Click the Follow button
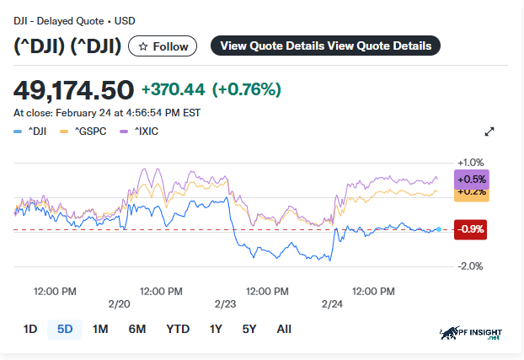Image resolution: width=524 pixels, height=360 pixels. pyautogui.click(x=163, y=46)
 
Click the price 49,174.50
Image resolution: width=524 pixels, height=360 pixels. pyautogui.click(x=74, y=89)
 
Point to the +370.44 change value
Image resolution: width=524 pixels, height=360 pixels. pyautogui.click(x=173, y=89)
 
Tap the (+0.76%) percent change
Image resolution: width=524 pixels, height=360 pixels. pyautogui.click(x=246, y=89)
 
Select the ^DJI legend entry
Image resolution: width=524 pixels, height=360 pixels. pyautogui.click(x=32, y=132)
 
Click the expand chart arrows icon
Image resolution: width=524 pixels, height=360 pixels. pyautogui.click(x=489, y=132)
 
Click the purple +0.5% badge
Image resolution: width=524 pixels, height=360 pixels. pyautogui.click(x=471, y=179)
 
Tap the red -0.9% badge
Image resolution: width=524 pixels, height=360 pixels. pyautogui.click(x=470, y=229)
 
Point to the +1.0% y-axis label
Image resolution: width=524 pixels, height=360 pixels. pyautogui.click(x=471, y=163)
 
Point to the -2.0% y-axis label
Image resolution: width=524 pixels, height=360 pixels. pyautogui.click(x=470, y=266)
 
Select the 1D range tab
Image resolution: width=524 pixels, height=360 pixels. pyautogui.click(x=30, y=329)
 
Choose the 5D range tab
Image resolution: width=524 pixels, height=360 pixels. pyautogui.click(x=65, y=329)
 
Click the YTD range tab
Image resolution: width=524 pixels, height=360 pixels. pyautogui.click(x=178, y=329)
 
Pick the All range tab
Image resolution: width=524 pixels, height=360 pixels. pyautogui.click(x=284, y=329)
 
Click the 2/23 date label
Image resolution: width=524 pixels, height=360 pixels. pyautogui.click(x=226, y=304)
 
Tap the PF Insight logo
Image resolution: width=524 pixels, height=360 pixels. pyautogui.click(x=476, y=335)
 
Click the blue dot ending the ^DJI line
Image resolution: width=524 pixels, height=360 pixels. pyautogui.click(x=438, y=229)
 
